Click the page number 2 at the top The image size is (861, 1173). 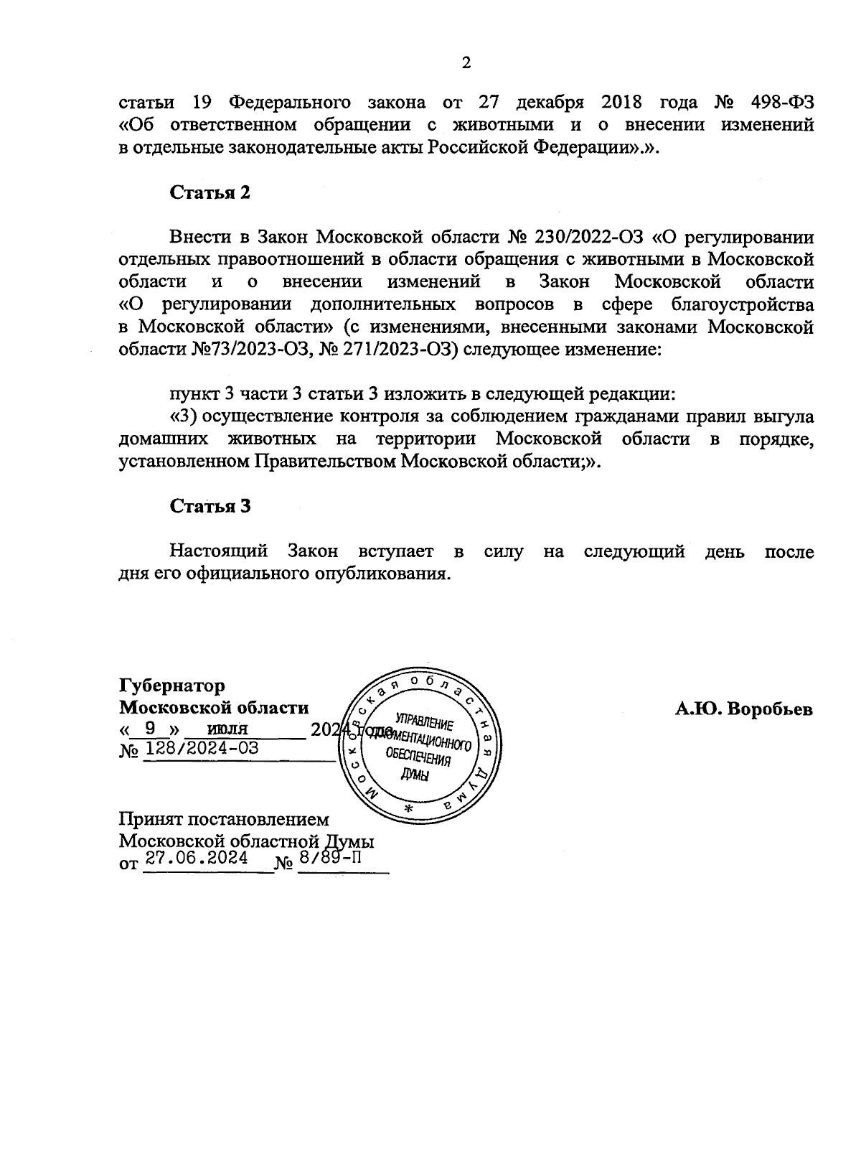466,63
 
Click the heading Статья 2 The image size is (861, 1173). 210,192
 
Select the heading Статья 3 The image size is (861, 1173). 210,506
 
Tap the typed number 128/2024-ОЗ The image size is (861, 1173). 202,749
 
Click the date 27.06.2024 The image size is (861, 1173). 196,859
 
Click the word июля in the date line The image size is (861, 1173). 227,728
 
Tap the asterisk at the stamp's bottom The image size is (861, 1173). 410,809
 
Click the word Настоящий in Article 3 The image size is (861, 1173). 219,551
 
